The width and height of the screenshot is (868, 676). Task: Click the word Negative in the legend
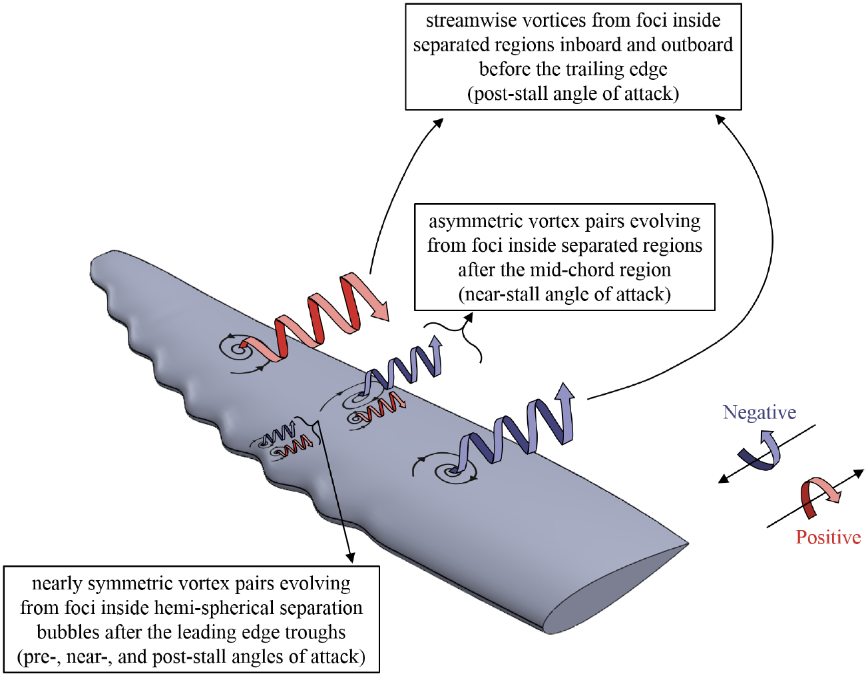coord(759,412)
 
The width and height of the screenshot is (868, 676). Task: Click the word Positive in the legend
coord(828,537)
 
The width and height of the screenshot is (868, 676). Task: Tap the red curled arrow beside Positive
coord(819,496)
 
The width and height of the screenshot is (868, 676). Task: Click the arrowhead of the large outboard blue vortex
coord(565,391)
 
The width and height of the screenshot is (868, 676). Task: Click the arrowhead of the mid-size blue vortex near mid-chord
coord(436,342)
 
